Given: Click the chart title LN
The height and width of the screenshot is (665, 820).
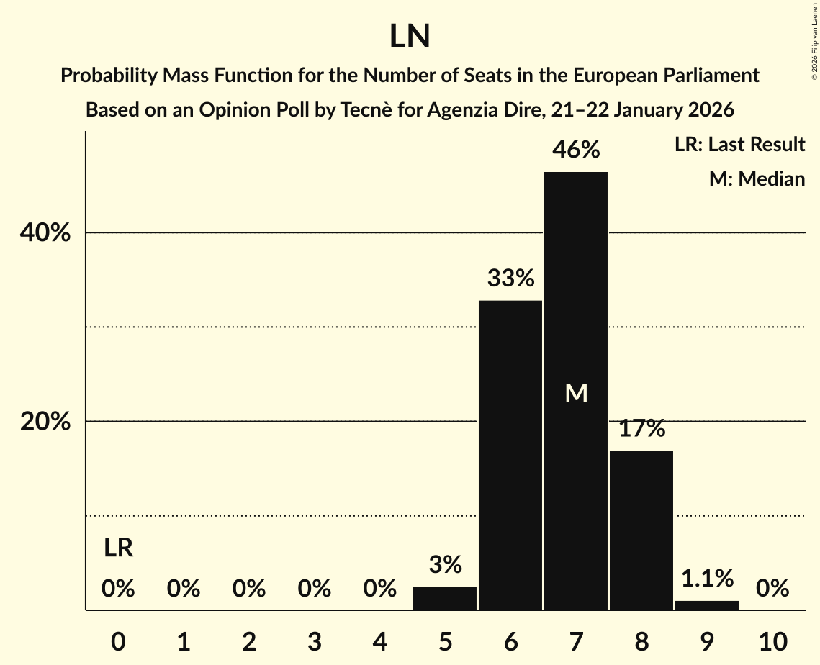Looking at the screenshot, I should (x=410, y=37).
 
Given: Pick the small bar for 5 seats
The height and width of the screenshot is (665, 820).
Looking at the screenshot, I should (x=445, y=599).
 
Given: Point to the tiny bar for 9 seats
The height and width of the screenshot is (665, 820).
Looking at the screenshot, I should (x=707, y=605).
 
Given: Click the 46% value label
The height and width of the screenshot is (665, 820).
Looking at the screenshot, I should (x=576, y=150).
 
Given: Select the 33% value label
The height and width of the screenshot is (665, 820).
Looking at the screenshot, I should (x=510, y=278).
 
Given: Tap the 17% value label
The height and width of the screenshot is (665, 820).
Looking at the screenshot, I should (x=641, y=428).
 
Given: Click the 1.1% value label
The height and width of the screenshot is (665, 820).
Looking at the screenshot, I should (x=707, y=578).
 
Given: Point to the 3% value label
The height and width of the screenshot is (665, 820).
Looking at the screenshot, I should (x=445, y=565).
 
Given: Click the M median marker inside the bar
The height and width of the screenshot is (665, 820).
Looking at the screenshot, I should (x=576, y=393).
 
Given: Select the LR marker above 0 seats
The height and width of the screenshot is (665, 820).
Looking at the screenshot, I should (x=118, y=548).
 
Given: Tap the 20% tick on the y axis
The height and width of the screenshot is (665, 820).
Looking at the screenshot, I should (x=45, y=422).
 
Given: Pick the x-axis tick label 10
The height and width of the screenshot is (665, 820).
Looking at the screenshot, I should (x=772, y=641).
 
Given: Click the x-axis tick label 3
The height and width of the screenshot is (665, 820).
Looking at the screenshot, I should (x=314, y=641).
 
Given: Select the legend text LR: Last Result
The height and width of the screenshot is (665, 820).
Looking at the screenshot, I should (x=739, y=145).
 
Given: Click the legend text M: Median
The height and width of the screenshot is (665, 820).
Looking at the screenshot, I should (x=757, y=178).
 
